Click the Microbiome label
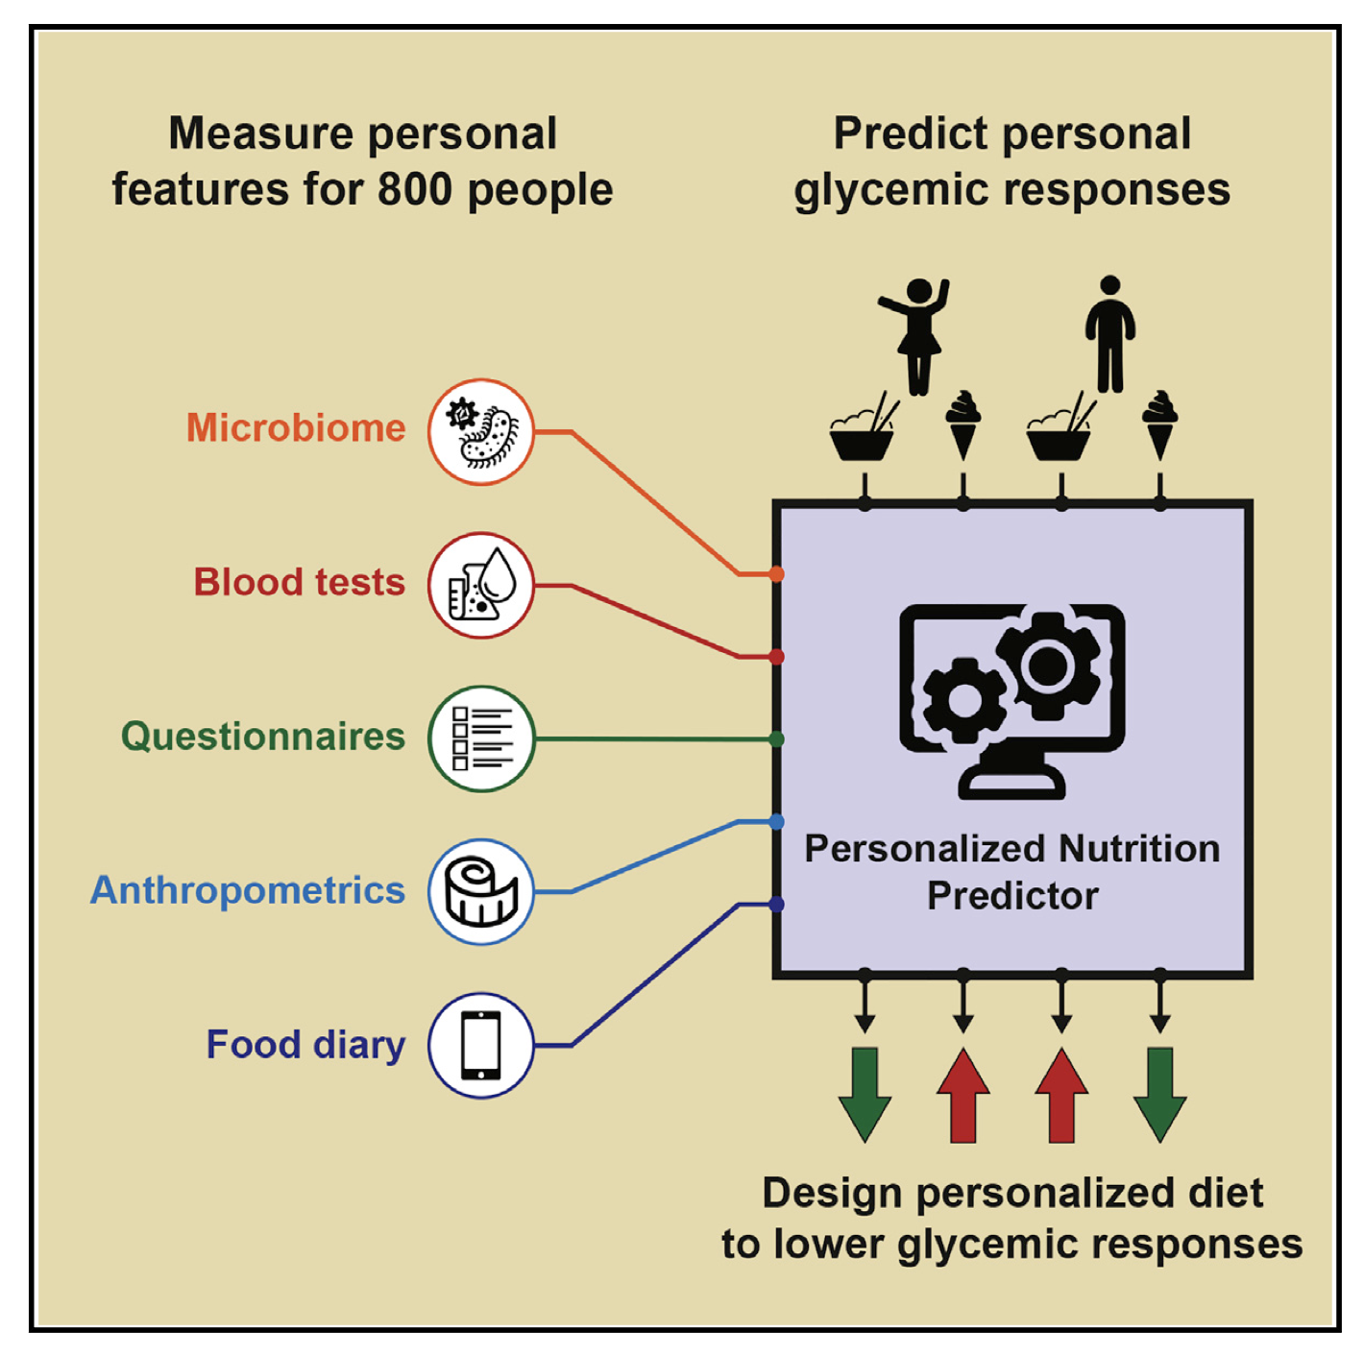click(x=296, y=428)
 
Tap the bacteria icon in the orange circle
click(x=481, y=432)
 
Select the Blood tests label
click(x=300, y=583)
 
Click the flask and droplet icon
click(x=481, y=585)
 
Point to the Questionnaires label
click(x=263, y=737)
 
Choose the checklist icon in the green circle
click(x=481, y=739)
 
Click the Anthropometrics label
click(x=248, y=890)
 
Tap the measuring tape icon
click(x=481, y=892)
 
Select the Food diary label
click(x=305, y=1045)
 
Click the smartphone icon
click(x=481, y=1046)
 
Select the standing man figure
click(x=1110, y=334)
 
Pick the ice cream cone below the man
click(x=1159, y=424)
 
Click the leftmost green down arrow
click(x=865, y=1094)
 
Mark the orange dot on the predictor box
click(x=776, y=574)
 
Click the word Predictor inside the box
click(x=1012, y=896)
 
